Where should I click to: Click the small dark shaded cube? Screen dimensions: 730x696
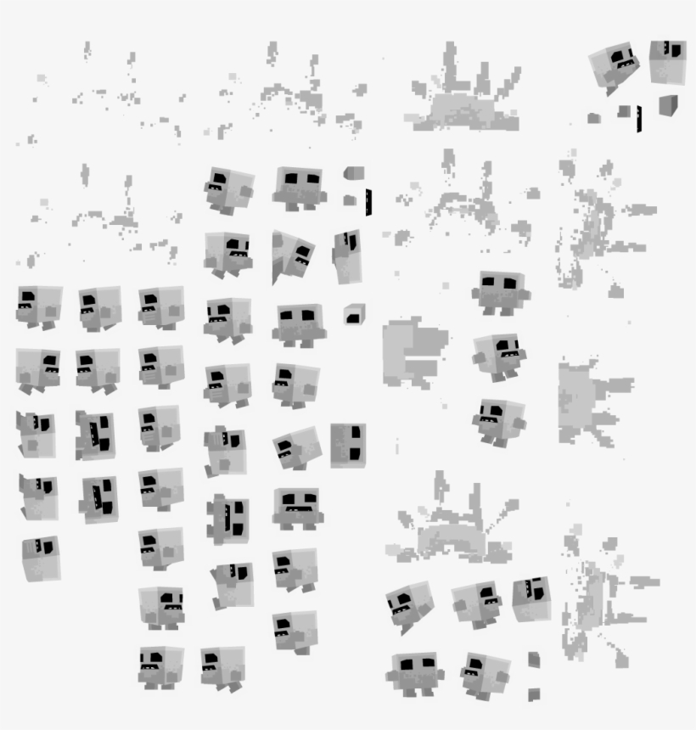[669, 104]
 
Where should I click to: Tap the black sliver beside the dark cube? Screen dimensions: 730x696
[639, 119]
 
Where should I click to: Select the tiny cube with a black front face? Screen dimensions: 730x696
[354, 314]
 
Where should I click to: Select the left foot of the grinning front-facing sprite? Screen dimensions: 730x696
[287, 524]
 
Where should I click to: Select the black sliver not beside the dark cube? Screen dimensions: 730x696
[368, 201]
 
